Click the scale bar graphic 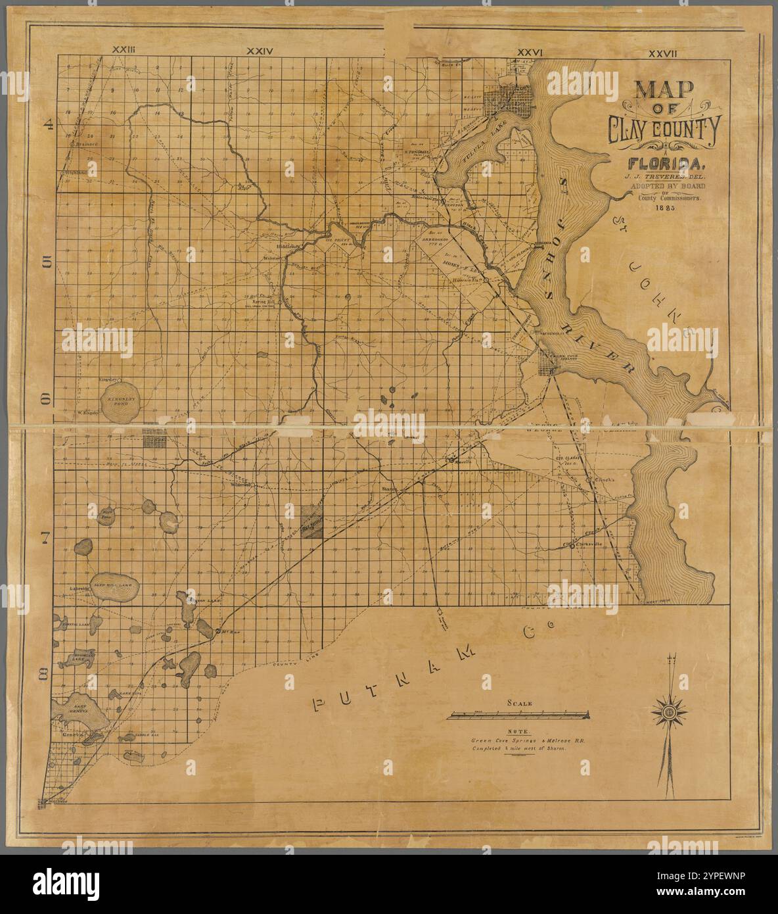click(x=518, y=715)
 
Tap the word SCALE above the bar click(x=519, y=703)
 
